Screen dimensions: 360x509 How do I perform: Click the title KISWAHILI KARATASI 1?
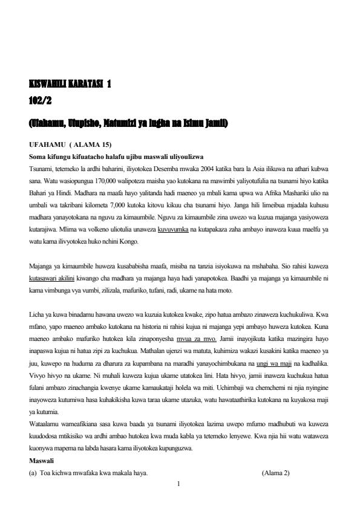click(x=70, y=85)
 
